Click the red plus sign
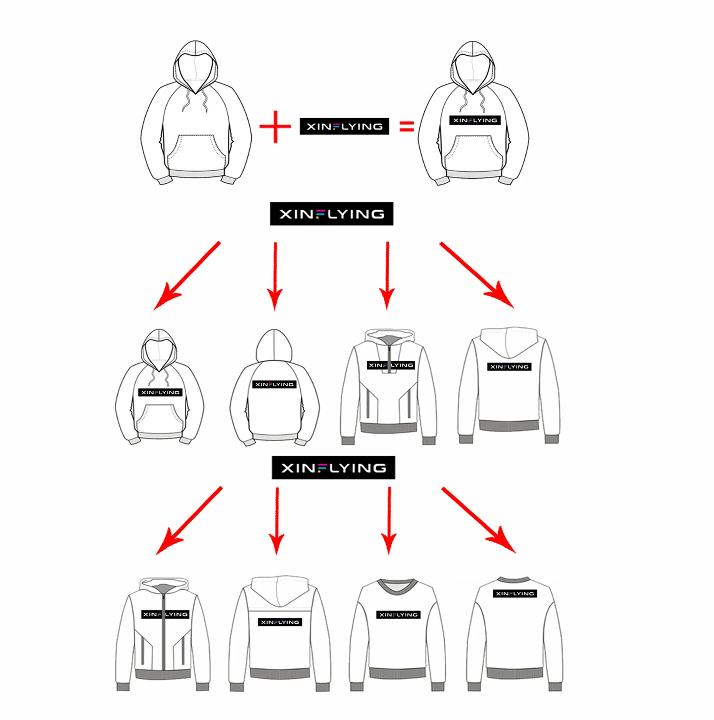click(275, 127)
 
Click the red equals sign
click(406, 126)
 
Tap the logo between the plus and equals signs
click(345, 126)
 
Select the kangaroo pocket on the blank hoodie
click(196, 153)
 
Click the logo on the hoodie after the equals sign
click(475, 120)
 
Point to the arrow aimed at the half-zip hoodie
click(387, 275)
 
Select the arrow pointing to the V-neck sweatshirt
click(389, 520)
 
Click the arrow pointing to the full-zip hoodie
click(189, 520)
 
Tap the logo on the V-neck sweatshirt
click(399, 615)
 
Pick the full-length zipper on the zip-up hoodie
click(163, 632)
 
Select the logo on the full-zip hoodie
click(165, 614)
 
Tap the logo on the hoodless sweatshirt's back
click(515, 594)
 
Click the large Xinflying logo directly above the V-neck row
click(333, 467)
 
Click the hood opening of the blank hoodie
click(196, 73)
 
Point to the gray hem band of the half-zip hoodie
click(389, 428)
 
